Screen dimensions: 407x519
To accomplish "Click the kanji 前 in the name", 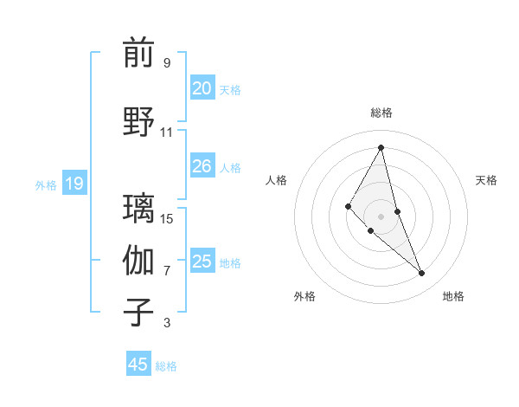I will tap(138, 54).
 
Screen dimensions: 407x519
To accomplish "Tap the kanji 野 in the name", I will tap(138, 122).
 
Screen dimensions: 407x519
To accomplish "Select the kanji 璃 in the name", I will tap(138, 208).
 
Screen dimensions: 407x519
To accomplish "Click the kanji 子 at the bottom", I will tap(138, 313).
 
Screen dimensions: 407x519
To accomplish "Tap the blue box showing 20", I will tap(202, 88).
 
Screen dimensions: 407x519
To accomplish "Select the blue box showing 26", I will tap(202, 166).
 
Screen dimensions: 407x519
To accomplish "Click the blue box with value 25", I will tap(202, 262).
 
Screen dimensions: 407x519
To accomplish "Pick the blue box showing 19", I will tap(74, 184).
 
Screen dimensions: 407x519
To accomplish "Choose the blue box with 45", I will tap(138, 365).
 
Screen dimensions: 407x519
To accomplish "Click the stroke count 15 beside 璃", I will tap(167, 218).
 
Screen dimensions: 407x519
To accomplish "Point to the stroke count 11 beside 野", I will tap(167, 132).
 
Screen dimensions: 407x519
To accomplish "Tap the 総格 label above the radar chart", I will tap(381, 113).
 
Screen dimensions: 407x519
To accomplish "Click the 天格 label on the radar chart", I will tap(486, 180).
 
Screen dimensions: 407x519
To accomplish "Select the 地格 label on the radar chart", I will tap(453, 296).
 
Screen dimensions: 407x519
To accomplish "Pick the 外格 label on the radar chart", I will tap(304, 296).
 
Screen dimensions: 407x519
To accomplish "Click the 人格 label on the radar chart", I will tap(276, 180).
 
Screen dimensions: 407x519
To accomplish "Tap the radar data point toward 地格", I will tap(422, 274).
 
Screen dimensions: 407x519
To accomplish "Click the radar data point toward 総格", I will tap(381, 146).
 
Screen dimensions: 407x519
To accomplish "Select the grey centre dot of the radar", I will tap(381, 216).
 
